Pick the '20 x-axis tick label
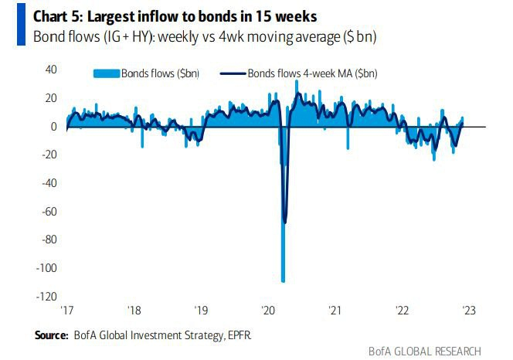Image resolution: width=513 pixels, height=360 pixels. pos(269,311)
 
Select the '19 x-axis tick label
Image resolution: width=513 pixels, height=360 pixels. pos(202,311)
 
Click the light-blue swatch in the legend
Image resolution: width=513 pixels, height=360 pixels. pos(105,73)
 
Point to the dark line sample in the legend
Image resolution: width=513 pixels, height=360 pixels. pos(231,73)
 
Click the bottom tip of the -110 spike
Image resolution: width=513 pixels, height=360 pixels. pos(284,280)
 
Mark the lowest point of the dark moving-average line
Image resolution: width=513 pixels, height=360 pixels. pos(286,222)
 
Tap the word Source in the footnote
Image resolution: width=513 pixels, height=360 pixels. pos(50,336)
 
